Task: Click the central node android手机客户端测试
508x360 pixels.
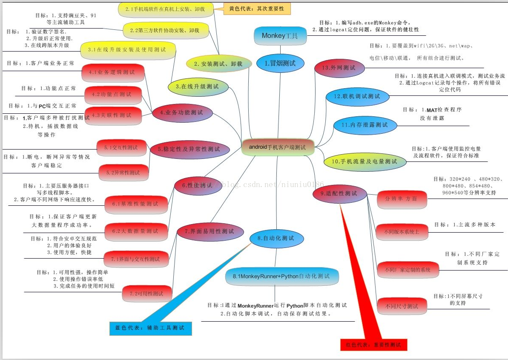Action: click(277, 147)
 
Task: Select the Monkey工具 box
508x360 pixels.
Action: click(280, 36)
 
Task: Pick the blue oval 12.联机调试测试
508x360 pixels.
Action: click(357, 96)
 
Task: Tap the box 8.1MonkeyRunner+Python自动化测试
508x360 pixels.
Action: click(282, 276)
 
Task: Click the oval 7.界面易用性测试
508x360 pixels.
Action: click(210, 231)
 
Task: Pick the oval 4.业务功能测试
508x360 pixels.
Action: click(182, 113)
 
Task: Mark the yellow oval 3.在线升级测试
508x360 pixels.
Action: click(198, 86)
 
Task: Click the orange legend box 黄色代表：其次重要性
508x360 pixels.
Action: click(257, 9)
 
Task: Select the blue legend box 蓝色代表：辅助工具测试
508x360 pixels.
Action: click(150, 328)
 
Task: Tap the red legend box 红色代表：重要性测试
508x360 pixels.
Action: click(374, 345)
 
